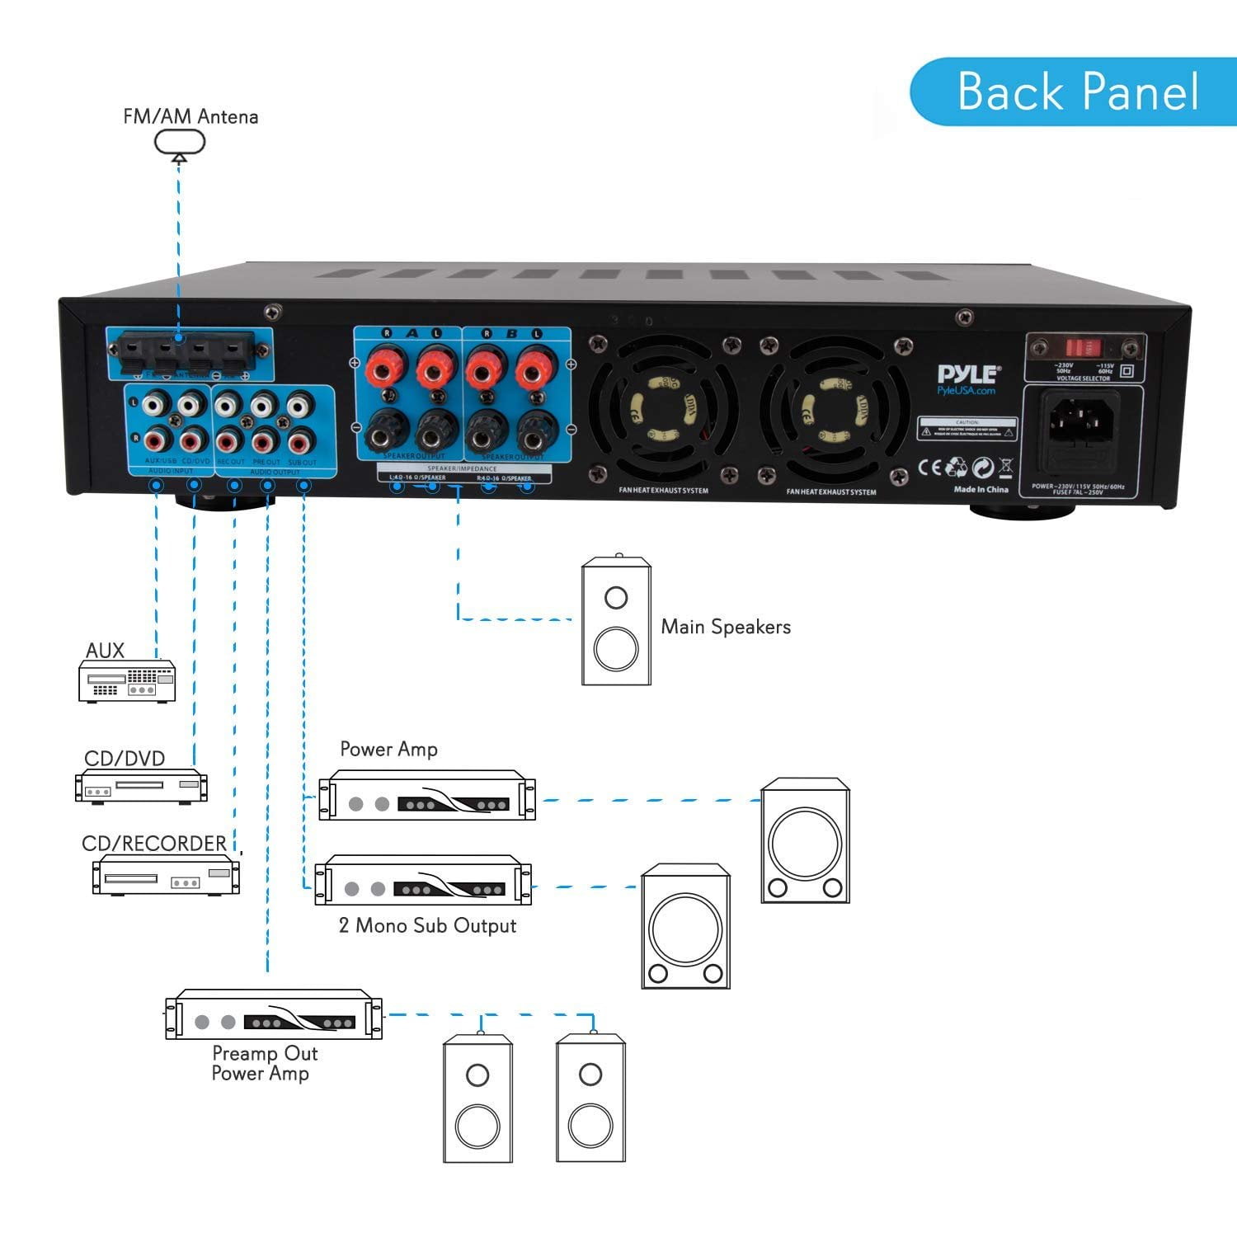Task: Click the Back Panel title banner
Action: click(x=1076, y=92)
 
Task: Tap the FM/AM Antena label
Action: click(x=190, y=116)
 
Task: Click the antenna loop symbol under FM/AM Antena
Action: click(x=179, y=143)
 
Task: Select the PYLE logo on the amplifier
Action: click(x=968, y=375)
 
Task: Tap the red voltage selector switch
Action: click(x=1084, y=347)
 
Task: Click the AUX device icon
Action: click(x=127, y=681)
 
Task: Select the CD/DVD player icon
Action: click(x=141, y=786)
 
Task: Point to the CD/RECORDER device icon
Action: click(x=166, y=875)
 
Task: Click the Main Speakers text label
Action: click(x=726, y=627)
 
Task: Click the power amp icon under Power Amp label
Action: click(x=426, y=796)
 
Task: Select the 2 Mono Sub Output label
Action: click(x=427, y=925)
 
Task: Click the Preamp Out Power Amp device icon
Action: click(x=273, y=1014)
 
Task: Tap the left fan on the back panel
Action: click(x=662, y=410)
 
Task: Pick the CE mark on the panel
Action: click(x=930, y=467)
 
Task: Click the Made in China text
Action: click(x=981, y=489)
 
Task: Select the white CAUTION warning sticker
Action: click(x=967, y=429)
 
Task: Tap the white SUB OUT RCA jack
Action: click(x=301, y=406)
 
